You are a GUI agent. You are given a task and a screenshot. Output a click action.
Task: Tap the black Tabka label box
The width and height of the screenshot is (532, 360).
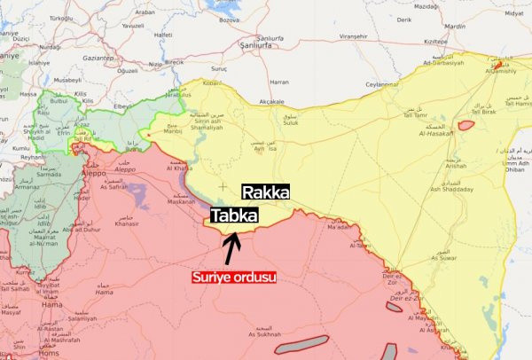tap(234, 215)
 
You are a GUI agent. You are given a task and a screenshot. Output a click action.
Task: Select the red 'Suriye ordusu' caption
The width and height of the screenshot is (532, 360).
tap(234, 277)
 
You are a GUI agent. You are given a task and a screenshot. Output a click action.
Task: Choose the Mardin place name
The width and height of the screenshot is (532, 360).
tap(455, 27)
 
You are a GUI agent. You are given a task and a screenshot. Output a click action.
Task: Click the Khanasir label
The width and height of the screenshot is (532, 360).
tap(127, 223)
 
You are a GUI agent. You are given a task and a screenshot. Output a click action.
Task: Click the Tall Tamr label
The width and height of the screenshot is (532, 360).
tap(415, 114)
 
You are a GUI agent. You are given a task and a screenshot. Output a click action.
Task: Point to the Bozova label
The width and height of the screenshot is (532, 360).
tap(229, 18)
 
